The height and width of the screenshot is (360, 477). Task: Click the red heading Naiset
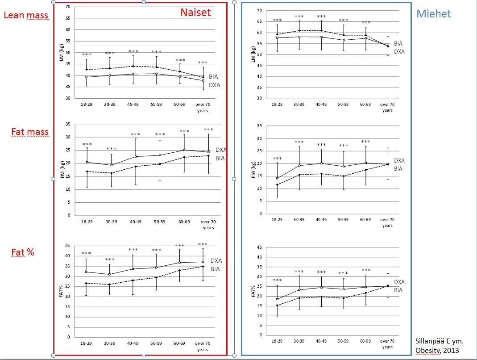coord(195,13)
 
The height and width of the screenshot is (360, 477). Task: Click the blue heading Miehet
coord(433,13)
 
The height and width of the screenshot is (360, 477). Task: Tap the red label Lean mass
coord(26,16)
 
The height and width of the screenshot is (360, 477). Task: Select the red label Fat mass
coord(30,132)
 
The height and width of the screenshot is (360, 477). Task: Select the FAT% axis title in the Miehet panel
coord(253,292)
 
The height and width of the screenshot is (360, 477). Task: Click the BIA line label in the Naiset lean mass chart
coord(213,77)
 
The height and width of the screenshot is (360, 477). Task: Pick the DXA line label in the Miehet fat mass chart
coord(399,160)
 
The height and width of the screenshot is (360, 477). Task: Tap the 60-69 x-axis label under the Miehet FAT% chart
coord(365,342)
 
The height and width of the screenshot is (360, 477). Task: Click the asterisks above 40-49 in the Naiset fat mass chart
coord(136,134)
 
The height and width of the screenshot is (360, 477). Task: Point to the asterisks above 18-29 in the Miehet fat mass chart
coord(277,159)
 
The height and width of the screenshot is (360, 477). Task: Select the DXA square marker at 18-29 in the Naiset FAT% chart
coord(86,272)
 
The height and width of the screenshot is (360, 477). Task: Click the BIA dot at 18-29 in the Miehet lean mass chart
coord(277,34)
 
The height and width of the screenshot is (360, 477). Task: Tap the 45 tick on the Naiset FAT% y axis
coord(67,246)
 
